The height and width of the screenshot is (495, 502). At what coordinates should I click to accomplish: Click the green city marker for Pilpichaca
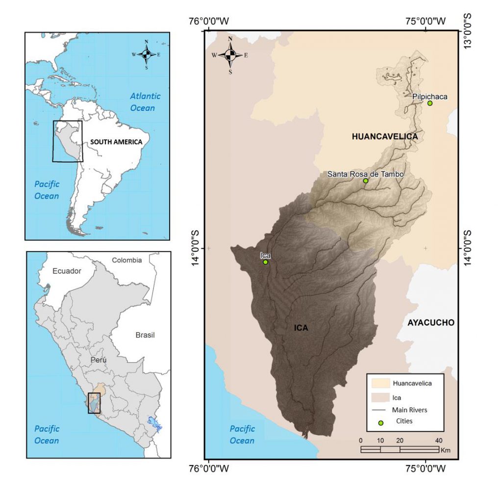pos(430,103)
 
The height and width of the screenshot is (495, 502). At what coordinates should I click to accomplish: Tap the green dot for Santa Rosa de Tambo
pos(365,181)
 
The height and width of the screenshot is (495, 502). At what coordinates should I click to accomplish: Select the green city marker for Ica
pos(265,262)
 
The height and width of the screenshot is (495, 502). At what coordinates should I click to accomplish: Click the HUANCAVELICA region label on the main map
pos(385,136)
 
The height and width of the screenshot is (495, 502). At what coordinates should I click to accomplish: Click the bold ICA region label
pos(301,328)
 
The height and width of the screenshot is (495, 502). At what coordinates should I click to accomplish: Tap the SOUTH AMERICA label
pos(116,142)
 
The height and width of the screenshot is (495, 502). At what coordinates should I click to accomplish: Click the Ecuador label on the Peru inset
pos(67,270)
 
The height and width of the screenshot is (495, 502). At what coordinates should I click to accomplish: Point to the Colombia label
pos(126,260)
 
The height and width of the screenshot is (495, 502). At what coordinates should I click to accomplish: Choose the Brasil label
pos(145,335)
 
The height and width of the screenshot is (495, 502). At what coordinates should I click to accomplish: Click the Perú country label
pos(98,360)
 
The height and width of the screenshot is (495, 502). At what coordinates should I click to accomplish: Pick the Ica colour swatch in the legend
pos(381,397)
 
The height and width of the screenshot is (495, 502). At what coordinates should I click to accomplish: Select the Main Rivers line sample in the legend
pos(381,410)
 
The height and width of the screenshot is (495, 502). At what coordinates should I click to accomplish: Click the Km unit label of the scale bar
pos(446,450)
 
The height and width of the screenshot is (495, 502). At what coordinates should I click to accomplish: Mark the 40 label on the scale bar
pos(438,440)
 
